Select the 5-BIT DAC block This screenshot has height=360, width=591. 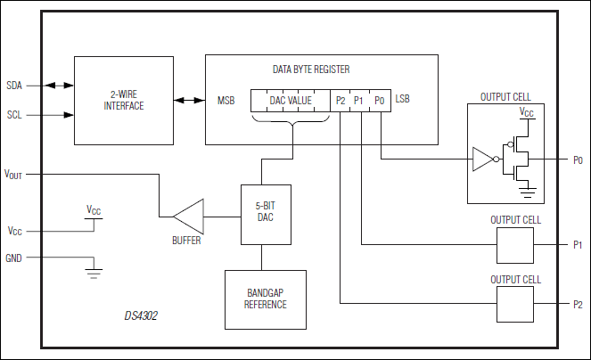(x=261, y=215)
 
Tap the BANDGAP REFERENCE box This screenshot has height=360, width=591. (x=265, y=299)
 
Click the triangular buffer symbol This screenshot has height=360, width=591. (x=189, y=215)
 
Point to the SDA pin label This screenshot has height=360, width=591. (x=14, y=86)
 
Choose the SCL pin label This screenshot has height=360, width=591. (x=14, y=115)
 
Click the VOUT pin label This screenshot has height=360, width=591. (x=13, y=174)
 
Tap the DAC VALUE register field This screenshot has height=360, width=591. (x=291, y=101)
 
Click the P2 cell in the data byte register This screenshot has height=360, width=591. (x=341, y=101)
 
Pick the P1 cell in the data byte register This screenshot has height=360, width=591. (x=359, y=101)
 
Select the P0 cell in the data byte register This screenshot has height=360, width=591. (x=379, y=101)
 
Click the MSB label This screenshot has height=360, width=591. (x=226, y=101)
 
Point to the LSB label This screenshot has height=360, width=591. (x=404, y=101)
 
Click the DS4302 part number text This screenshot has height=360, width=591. (x=142, y=315)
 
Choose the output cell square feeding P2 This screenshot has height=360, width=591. (x=514, y=305)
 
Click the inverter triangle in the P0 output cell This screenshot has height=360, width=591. (x=481, y=160)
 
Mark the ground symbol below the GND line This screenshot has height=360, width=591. (x=93, y=270)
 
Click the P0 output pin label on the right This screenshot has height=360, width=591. (x=578, y=160)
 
